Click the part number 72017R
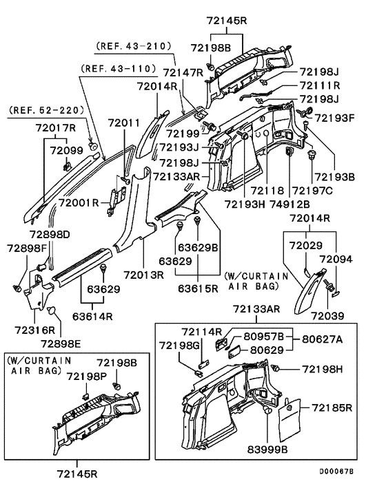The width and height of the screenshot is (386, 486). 56,127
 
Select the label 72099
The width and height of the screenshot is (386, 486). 67,150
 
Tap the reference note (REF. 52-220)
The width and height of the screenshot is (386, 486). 47,109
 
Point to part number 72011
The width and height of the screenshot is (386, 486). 124,123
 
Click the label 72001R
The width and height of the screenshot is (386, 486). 79,203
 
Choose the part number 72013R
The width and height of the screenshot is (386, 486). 143,275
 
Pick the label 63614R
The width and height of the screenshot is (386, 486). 92,316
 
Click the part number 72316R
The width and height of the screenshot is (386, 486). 34,330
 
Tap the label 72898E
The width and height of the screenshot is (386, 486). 61,344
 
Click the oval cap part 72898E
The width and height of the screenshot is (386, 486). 51,310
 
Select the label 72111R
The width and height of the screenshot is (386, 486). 320,85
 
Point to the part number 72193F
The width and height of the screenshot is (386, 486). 335,118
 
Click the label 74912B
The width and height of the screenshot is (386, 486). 289,204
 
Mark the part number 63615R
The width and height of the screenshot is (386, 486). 198,288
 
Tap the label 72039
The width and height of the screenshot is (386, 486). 327,316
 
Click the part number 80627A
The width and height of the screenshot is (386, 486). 322,339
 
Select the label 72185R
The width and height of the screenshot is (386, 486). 332,408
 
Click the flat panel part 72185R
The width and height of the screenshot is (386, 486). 290,420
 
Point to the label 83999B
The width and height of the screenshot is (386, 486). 267,449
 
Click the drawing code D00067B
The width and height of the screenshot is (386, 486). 336,472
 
